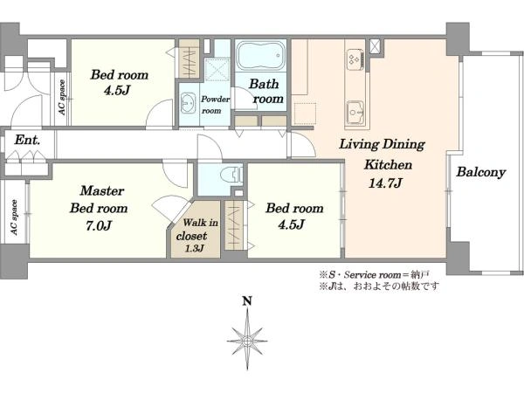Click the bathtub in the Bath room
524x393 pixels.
(x=260, y=56)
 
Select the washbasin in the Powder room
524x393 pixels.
(x=188, y=103)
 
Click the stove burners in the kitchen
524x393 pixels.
(x=355, y=59)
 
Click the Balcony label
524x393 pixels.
(x=481, y=172)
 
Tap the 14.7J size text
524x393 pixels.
(x=385, y=183)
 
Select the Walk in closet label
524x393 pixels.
(x=196, y=229)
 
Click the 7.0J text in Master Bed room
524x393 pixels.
(x=98, y=226)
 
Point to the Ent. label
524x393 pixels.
(x=27, y=140)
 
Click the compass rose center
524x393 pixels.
(x=247, y=341)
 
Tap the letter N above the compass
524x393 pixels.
(x=247, y=301)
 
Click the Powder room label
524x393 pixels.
(x=215, y=105)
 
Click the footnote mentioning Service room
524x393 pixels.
(x=374, y=275)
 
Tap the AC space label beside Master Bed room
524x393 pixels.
(x=14, y=217)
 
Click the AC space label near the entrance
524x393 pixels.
(x=62, y=98)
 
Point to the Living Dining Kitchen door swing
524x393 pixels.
(x=303, y=144)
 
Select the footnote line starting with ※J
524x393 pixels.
(x=379, y=286)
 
